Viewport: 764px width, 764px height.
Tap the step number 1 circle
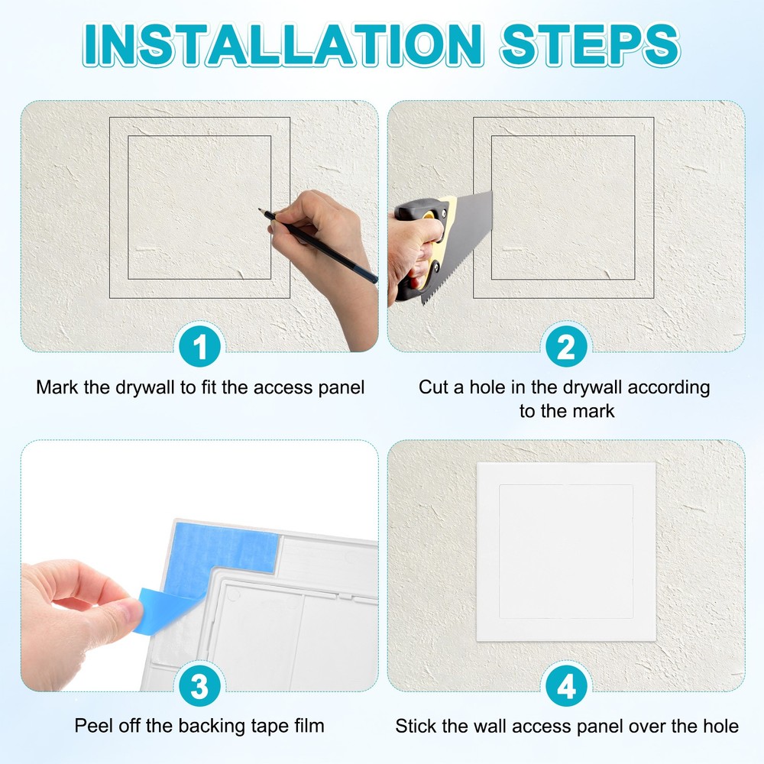click(199, 348)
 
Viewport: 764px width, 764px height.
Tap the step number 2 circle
click(566, 348)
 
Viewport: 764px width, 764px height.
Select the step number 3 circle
click(199, 688)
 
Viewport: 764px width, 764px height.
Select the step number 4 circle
click(566, 688)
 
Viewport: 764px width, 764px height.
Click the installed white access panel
click(566, 552)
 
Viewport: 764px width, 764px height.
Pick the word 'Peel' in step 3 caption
click(92, 725)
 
